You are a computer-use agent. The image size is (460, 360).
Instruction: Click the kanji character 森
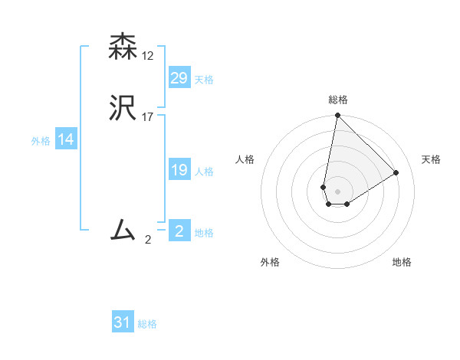pos(123,47)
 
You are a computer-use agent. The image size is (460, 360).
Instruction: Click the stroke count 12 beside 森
pos(148,56)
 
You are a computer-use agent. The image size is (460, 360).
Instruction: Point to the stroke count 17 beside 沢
pos(148,116)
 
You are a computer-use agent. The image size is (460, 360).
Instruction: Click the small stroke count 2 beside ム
pos(148,239)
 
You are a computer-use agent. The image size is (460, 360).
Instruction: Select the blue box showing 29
pos(179,78)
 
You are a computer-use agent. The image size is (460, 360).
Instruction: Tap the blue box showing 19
pos(179,170)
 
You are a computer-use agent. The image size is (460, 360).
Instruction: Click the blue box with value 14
pos(66,139)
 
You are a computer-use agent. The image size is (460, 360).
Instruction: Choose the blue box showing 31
pos(123,322)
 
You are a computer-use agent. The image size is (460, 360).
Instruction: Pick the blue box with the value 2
pos(179,231)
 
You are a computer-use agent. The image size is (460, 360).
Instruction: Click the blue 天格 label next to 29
pos(204,80)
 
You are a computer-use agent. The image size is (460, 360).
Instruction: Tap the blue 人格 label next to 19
pos(204,172)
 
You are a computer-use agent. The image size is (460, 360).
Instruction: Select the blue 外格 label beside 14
pos(41,141)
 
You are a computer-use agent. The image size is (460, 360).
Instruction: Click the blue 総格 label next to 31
pos(147,324)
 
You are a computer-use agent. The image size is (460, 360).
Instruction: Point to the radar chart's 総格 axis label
pos(338,100)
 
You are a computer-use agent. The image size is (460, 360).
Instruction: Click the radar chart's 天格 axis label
pos(432,159)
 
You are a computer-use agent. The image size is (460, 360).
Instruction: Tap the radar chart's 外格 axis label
pos(270,262)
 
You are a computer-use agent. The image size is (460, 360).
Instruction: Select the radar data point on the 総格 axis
pos(337,116)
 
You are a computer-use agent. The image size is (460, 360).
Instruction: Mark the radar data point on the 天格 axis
pos(396,172)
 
